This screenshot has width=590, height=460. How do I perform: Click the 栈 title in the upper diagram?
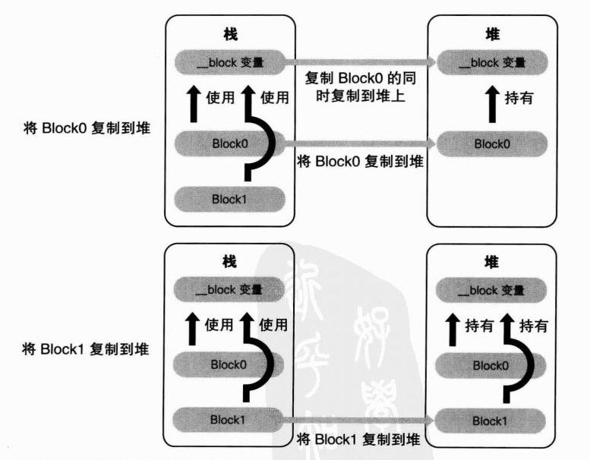point(229,34)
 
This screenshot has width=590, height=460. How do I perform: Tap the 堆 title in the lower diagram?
point(491,263)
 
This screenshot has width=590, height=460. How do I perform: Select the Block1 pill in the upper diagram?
point(229,199)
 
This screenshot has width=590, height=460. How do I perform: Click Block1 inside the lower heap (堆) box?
point(491,421)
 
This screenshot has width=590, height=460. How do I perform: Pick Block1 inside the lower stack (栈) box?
point(229,418)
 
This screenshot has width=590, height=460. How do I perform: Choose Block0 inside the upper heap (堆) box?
point(491,143)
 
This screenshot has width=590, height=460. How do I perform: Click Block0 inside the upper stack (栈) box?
point(229,142)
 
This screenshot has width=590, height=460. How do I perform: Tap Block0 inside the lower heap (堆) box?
point(491,365)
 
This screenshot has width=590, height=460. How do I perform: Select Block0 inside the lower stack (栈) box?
point(229,364)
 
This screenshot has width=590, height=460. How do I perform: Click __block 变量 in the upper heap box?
point(491,62)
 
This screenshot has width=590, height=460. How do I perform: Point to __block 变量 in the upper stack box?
point(229,62)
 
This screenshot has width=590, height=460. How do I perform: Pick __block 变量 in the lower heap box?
point(491,290)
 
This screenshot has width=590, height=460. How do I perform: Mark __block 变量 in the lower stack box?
point(229,289)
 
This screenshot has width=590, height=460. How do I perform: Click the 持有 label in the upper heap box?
point(519,98)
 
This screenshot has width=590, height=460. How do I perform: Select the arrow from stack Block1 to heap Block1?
point(357,420)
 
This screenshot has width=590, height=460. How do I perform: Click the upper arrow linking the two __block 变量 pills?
point(357,61)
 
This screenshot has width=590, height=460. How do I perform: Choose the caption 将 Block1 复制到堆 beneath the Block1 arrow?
point(358,438)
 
